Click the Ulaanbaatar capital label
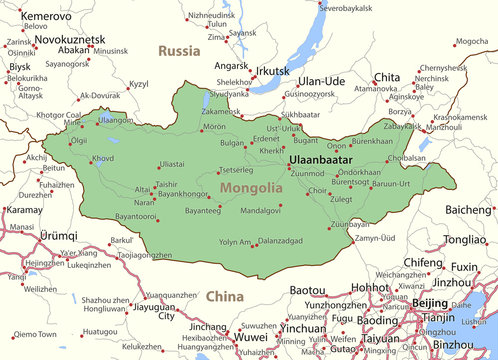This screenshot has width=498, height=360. point(321,159)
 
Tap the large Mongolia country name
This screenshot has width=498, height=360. point(251,188)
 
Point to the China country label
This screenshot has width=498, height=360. point(224,296)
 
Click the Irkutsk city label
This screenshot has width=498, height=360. point(272,72)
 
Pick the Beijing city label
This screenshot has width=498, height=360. point(430,302)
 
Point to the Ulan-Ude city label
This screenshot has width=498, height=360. point(322,80)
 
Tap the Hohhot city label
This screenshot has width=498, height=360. point(371,287)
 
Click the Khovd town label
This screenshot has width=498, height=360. point(102,158)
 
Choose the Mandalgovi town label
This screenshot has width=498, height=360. point(260,211)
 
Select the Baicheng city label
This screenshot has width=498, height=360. point(469,209)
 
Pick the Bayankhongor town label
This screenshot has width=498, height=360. point(183,193)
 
